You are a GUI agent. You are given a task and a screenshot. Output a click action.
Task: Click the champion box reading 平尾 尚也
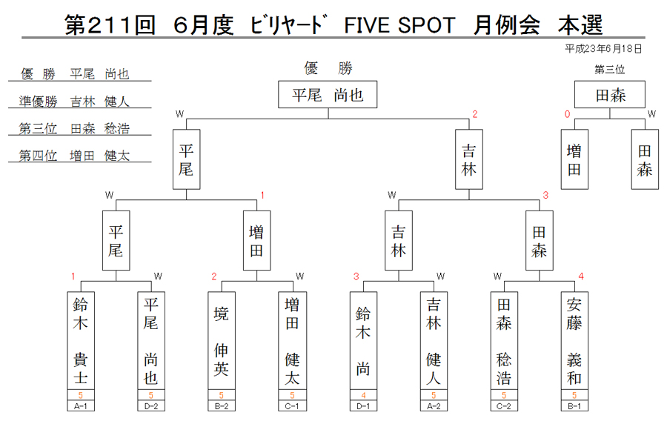click(x=328, y=94)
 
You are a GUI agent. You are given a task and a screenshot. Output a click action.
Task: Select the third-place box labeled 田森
click(x=610, y=94)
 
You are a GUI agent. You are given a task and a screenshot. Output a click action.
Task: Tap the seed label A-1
click(x=80, y=406)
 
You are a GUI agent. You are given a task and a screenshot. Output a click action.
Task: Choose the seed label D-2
click(x=151, y=406)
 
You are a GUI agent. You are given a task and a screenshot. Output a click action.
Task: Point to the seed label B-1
click(x=574, y=406)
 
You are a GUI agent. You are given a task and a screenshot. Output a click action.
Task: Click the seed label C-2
click(x=504, y=406)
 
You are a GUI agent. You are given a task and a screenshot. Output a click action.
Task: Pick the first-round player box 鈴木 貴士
click(x=80, y=341)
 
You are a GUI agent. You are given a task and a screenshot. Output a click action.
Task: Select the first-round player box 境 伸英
click(x=221, y=341)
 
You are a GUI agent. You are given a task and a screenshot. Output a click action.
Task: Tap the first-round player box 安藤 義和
click(x=574, y=341)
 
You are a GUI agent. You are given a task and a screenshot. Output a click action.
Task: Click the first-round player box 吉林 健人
click(x=434, y=341)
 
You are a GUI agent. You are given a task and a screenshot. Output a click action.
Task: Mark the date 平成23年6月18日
click(x=603, y=49)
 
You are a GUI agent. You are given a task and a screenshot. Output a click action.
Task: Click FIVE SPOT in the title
click(x=399, y=25)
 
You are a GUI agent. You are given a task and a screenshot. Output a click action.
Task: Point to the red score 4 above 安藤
click(x=580, y=276)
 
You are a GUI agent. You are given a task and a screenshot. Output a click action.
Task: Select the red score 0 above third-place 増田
click(x=567, y=114)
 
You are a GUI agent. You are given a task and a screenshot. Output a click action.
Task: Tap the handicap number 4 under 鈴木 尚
click(x=363, y=395)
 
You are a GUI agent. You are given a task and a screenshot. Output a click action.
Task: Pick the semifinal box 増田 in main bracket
click(x=256, y=240)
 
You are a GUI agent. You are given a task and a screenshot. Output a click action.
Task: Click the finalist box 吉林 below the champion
click(x=469, y=159)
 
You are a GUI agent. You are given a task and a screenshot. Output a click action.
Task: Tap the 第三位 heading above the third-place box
click(x=609, y=70)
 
